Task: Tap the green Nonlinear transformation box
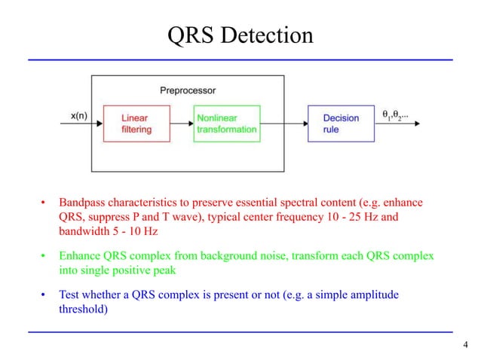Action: (x=226, y=124)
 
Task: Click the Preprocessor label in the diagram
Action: (x=188, y=90)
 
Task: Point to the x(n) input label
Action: (x=78, y=116)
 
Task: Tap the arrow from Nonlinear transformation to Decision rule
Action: (x=283, y=124)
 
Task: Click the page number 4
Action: (x=465, y=346)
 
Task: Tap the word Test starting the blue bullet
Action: (x=71, y=296)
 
